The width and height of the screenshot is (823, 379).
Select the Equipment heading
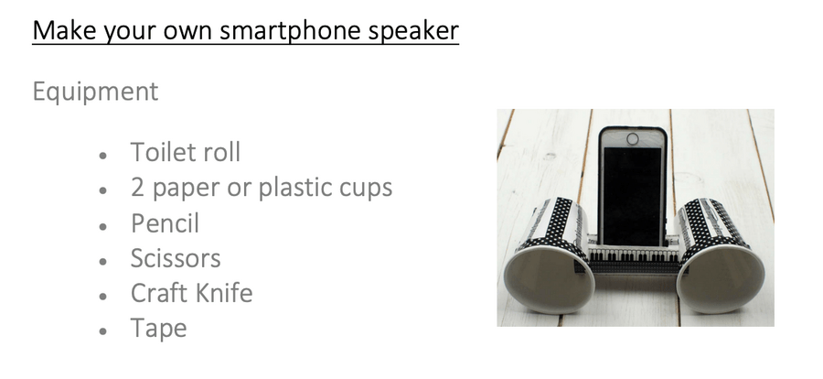click(x=95, y=92)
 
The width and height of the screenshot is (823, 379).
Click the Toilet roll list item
click(x=186, y=152)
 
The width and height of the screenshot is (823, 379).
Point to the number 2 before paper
click(x=137, y=188)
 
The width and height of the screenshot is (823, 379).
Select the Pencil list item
click(x=165, y=222)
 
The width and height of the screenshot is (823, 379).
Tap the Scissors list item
click(x=176, y=258)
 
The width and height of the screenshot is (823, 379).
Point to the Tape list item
click(x=158, y=330)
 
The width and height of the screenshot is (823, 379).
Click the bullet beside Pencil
click(x=102, y=226)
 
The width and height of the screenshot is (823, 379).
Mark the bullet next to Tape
click(x=102, y=331)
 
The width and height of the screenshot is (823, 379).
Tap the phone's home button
click(x=633, y=138)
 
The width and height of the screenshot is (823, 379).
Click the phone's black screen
click(x=632, y=196)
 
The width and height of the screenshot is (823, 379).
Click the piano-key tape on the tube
click(x=634, y=255)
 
